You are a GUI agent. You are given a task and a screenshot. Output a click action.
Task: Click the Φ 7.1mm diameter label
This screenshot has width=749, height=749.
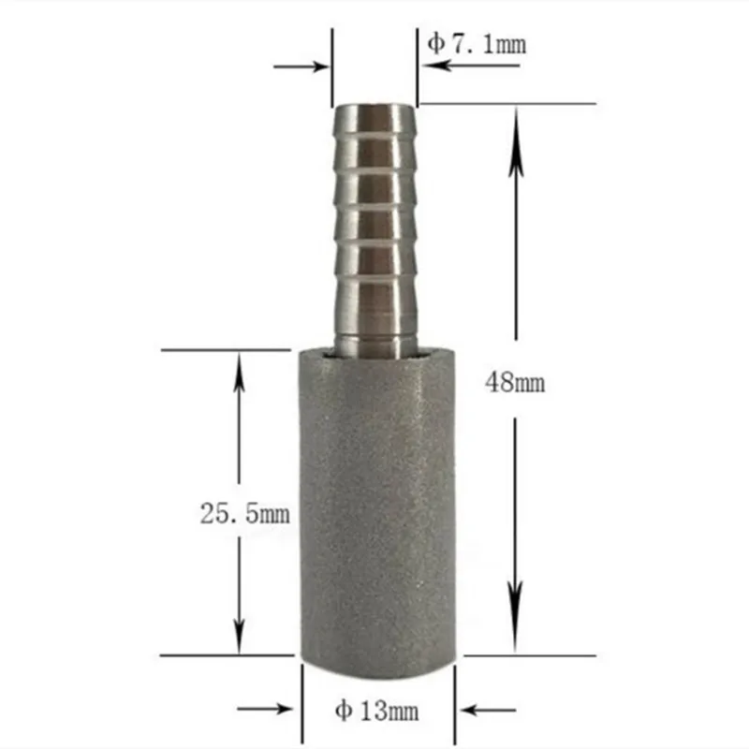click(477, 43)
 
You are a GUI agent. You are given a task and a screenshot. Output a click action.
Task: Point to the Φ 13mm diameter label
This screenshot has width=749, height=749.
click(377, 712)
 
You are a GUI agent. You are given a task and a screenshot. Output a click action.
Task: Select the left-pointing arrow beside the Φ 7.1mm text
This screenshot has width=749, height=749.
click(440, 66)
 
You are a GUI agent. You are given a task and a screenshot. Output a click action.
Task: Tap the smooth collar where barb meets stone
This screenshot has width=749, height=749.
click(374, 339)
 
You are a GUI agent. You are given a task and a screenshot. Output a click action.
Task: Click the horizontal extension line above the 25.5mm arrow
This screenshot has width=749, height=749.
click(225, 350)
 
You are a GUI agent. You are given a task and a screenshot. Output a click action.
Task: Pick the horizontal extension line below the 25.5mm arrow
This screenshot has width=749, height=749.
click(225, 655)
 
